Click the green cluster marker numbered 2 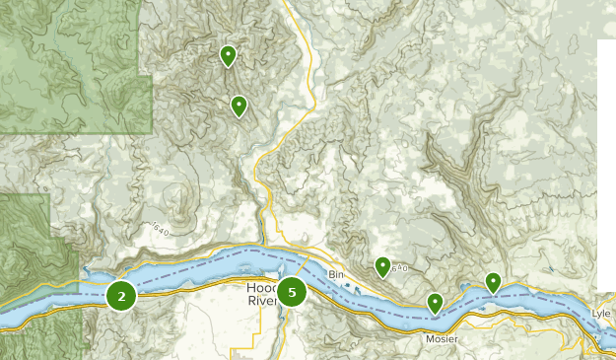coord(121,295)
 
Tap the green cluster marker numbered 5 coord(292,292)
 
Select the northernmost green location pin coord(228,54)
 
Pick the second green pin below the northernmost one coord(239,105)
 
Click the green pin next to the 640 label coord(382,265)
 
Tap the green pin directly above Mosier coord(435,303)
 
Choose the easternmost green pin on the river coord(493,282)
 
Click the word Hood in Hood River coord(259,288)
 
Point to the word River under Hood coord(261,300)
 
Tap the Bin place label coord(337,274)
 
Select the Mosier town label coord(442,338)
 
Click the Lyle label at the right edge coord(601,313)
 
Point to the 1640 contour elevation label coord(160,229)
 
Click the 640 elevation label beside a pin coord(398,266)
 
